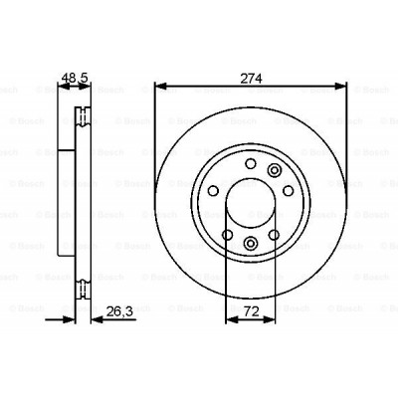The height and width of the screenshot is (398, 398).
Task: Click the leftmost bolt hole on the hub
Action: [212, 192]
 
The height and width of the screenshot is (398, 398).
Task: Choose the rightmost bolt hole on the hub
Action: [289, 192]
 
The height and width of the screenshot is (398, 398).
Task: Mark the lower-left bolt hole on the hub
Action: [227, 236]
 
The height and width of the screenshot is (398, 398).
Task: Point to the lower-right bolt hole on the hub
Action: [274, 236]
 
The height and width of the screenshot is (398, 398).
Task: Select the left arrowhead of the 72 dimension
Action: [230, 320]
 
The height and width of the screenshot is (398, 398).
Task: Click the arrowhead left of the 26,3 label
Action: [94, 320]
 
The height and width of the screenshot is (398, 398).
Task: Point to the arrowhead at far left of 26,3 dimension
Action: [71, 320]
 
